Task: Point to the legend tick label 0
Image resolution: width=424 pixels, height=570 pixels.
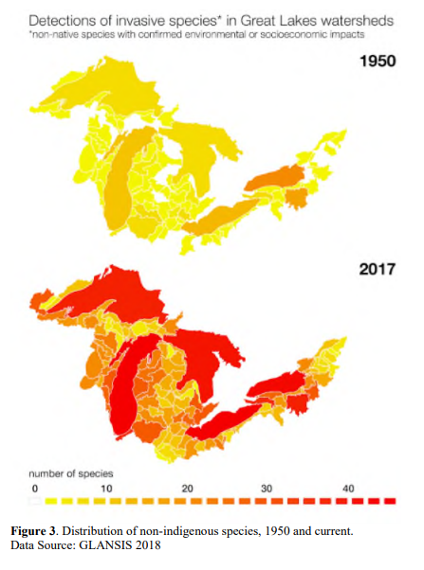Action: pyautogui.click(x=34, y=487)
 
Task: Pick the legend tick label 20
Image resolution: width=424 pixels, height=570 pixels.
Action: pyautogui.click(x=189, y=487)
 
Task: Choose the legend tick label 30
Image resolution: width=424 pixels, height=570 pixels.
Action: pyautogui.click(x=268, y=487)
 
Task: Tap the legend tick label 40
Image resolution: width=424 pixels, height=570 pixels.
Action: pyautogui.click(x=348, y=487)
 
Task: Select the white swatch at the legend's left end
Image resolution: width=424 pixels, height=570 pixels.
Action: pyautogui.click(x=35, y=500)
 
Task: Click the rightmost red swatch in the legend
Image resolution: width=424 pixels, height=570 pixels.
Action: pyautogui.click(x=390, y=500)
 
